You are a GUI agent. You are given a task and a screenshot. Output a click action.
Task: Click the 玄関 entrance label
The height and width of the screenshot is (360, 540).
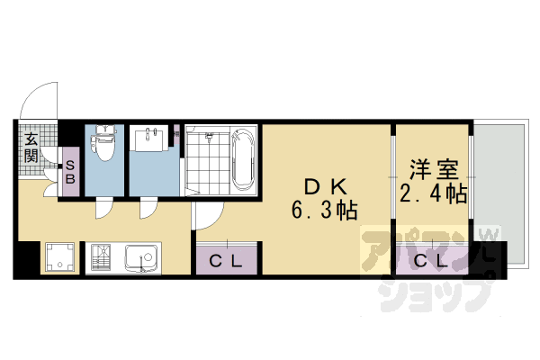[x=30, y=148]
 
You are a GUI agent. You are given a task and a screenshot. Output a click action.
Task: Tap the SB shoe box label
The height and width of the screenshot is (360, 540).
[x=68, y=172]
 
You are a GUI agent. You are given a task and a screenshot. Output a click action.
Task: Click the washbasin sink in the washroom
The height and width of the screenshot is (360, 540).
[x=150, y=139]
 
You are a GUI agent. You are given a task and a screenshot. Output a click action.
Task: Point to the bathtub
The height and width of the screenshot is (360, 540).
[x=243, y=160]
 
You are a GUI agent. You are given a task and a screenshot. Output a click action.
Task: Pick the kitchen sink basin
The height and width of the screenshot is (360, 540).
[x=141, y=259]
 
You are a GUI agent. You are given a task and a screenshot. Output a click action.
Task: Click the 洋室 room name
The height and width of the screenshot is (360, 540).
[x=430, y=169]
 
